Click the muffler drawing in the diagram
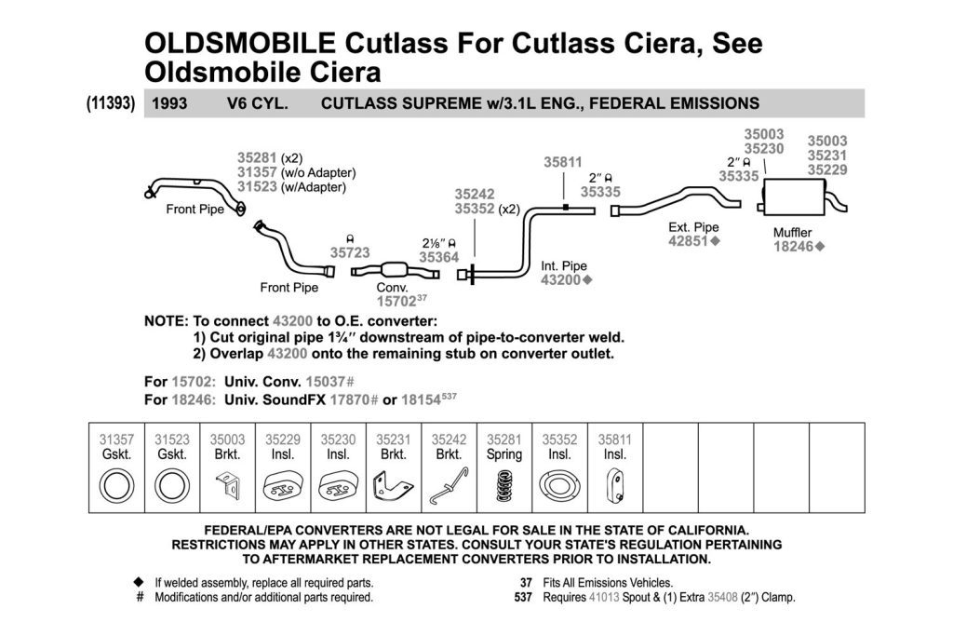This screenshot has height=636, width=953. (x=794, y=197)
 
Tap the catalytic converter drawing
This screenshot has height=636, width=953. (x=395, y=271)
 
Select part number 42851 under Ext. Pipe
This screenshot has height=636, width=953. (x=689, y=241)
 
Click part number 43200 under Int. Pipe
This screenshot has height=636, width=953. (x=560, y=279)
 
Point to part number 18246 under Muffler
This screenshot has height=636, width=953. (x=793, y=246)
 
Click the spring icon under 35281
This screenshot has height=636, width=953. (x=503, y=486)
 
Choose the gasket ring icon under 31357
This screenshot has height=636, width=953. (x=116, y=486)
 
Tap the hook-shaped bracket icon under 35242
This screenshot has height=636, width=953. (x=450, y=485)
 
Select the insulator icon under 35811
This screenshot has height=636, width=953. (x=615, y=486)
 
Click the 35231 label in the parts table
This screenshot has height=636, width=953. (x=394, y=440)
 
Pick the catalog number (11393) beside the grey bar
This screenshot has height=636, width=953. (x=111, y=102)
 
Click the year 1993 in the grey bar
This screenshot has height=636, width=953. (x=169, y=103)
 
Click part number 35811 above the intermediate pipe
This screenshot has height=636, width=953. (x=563, y=162)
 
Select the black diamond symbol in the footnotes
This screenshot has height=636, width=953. (x=139, y=582)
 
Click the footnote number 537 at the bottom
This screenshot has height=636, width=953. (x=523, y=597)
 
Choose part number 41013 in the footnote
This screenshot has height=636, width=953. (x=604, y=597)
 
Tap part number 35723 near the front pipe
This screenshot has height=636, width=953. (x=350, y=252)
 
